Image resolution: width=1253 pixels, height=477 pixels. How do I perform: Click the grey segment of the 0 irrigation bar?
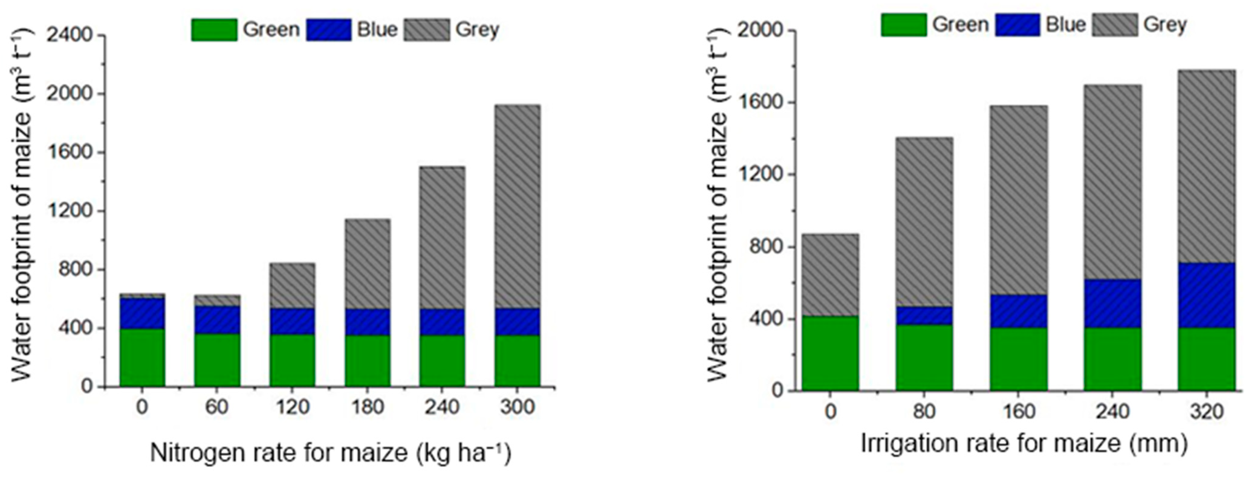tap(830, 275)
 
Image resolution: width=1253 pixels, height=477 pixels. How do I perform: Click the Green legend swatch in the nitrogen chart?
tap(214, 30)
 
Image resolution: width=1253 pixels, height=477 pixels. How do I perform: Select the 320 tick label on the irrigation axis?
tap(1207, 411)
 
